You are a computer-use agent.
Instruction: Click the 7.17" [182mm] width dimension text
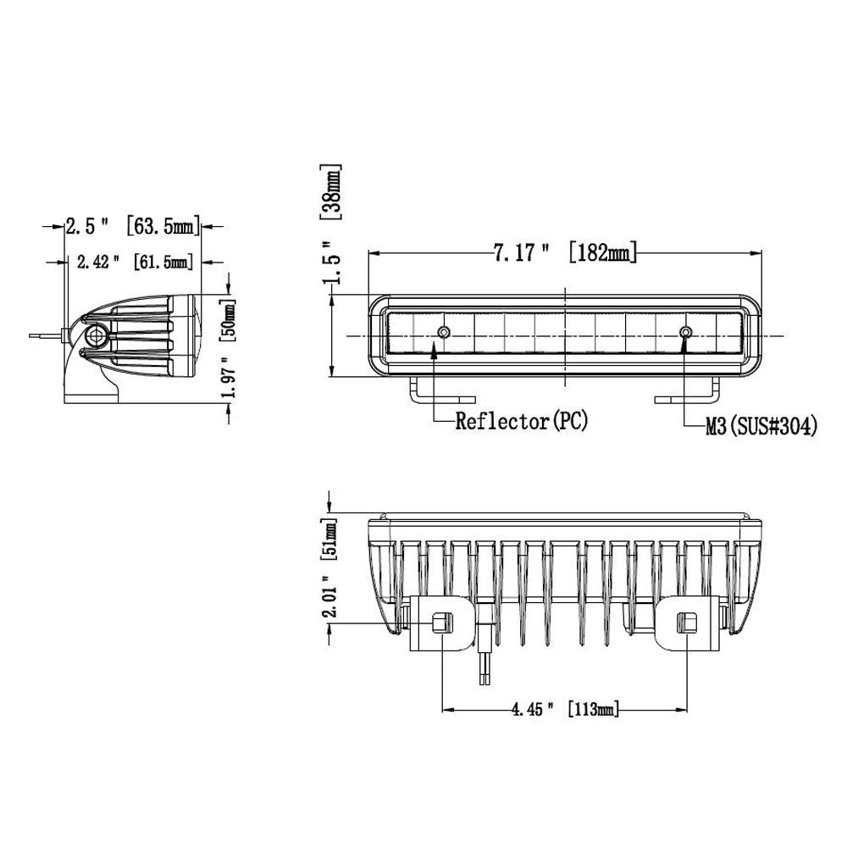tap(565, 252)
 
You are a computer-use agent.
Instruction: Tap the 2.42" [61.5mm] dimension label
tap(135, 263)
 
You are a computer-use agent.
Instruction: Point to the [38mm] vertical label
tap(331, 191)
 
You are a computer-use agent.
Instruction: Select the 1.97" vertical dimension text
tap(229, 376)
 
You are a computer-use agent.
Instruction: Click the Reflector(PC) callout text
tap(521, 421)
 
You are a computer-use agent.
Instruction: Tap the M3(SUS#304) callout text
tap(761, 427)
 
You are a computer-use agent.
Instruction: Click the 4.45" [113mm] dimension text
tap(565, 709)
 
